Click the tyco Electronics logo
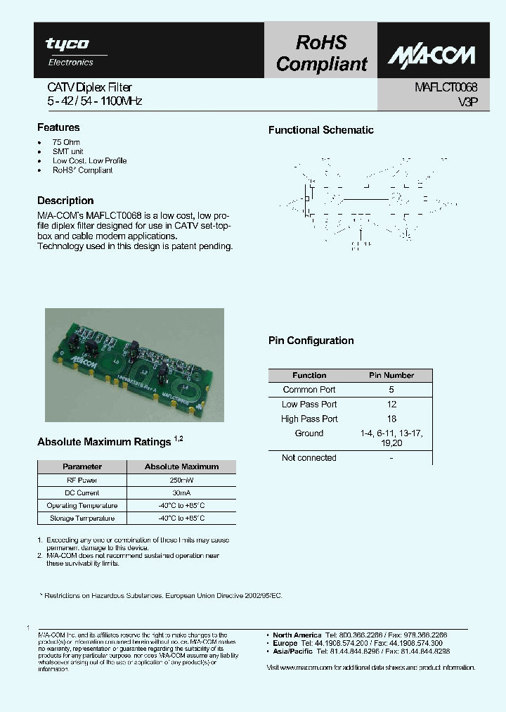point(68,51)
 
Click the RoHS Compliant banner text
point(321,53)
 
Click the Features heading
point(58,127)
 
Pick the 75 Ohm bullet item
point(66,142)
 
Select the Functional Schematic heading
point(321,130)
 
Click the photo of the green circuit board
point(134,364)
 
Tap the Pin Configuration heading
point(311,341)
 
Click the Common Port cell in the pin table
point(309,390)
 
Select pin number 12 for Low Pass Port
point(391,405)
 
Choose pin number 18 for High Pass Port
point(391,419)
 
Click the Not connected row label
point(309,458)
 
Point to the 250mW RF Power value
point(181,480)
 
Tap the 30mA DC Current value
point(181,492)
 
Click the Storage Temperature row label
point(82,519)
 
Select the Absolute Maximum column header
point(181,466)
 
